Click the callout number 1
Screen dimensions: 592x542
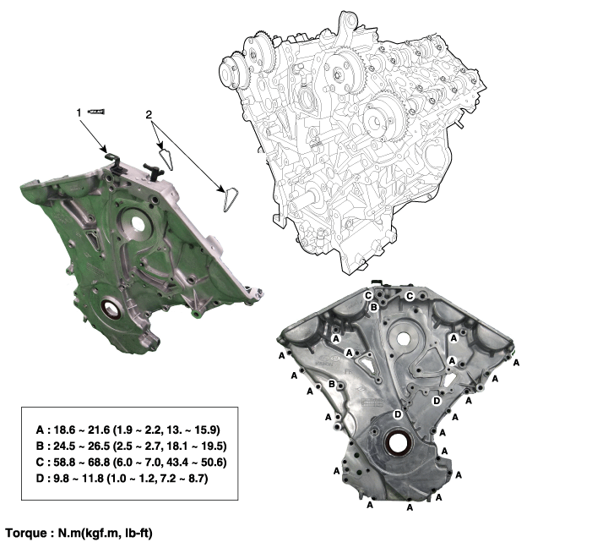[79, 112]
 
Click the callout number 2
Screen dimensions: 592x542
[149, 114]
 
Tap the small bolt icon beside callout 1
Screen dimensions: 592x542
[96, 112]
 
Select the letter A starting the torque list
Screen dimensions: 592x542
[40, 430]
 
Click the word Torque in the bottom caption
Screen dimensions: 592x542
[26, 534]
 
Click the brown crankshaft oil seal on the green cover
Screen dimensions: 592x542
[111, 307]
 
